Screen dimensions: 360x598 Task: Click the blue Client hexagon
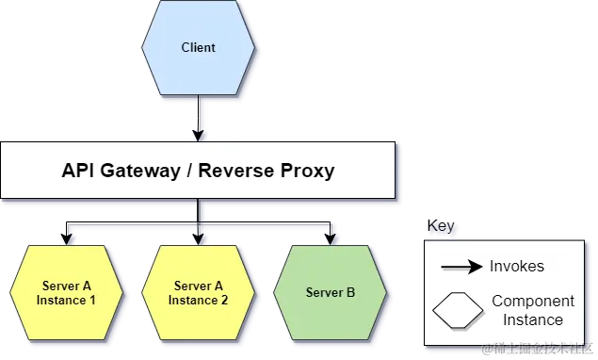tap(198, 48)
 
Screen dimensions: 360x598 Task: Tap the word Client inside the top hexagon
tap(198, 47)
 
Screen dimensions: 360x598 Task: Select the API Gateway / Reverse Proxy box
tap(198, 171)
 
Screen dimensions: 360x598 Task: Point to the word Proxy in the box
tap(304, 172)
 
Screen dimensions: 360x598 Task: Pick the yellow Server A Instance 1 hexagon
tap(67, 293)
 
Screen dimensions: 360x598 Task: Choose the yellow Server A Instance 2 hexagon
tap(199, 293)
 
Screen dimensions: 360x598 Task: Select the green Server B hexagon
tap(331, 293)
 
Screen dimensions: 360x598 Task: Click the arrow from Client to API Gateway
tap(199, 118)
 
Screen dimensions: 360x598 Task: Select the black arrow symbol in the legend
tap(461, 268)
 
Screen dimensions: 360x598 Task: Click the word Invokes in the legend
tap(517, 267)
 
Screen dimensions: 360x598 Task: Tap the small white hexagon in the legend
tap(457, 309)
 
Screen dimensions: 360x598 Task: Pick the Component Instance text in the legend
tap(532, 310)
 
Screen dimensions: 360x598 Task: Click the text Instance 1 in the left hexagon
tap(67, 301)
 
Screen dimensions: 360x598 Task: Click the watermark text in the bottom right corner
tap(537, 350)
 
